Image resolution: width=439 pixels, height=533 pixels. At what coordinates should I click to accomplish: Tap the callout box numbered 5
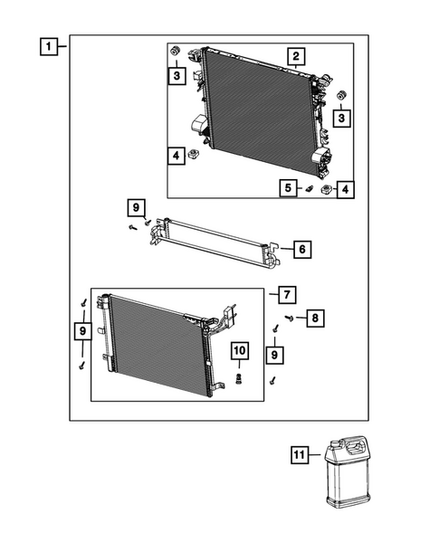(x=289, y=188)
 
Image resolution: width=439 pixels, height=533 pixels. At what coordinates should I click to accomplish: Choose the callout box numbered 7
(x=283, y=294)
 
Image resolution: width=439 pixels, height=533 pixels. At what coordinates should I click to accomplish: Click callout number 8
(x=315, y=318)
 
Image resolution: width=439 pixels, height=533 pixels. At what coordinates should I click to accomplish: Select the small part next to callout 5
(x=307, y=188)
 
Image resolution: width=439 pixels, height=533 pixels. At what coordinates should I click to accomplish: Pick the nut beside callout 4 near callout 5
(x=325, y=188)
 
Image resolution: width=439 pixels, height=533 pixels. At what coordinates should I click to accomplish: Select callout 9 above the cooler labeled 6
(x=136, y=208)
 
